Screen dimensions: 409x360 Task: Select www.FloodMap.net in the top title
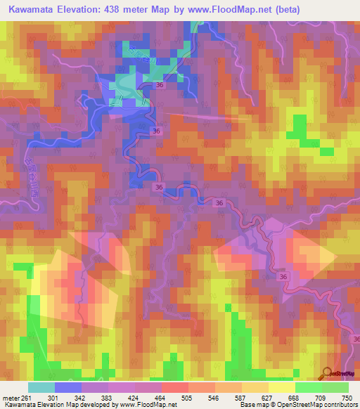(242, 10)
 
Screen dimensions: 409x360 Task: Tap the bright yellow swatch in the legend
(281, 387)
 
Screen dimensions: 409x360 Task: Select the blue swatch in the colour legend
(67, 387)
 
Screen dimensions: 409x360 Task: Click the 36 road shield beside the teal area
(160, 86)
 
